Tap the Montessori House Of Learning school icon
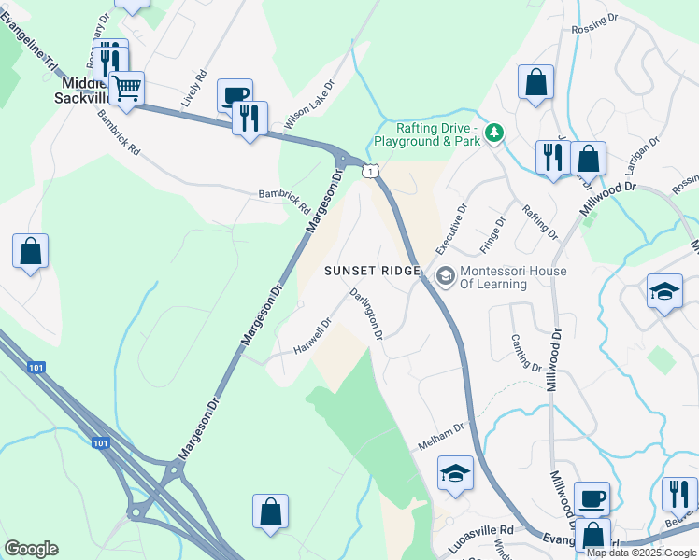pyautogui.click(x=446, y=273)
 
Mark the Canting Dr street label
pyautogui.click(x=526, y=353)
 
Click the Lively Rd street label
pyautogui.click(x=195, y=86)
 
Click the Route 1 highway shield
pyautogui.click(x=371, y=170)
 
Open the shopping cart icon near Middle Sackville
pyautogui.click(x=126, y=90)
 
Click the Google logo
pyautogui.click(x=31, y=549)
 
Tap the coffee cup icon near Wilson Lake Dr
pyautogui.click(x=235, y=95)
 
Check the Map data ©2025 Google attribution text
pyautogui.click(x=640, y=553)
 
